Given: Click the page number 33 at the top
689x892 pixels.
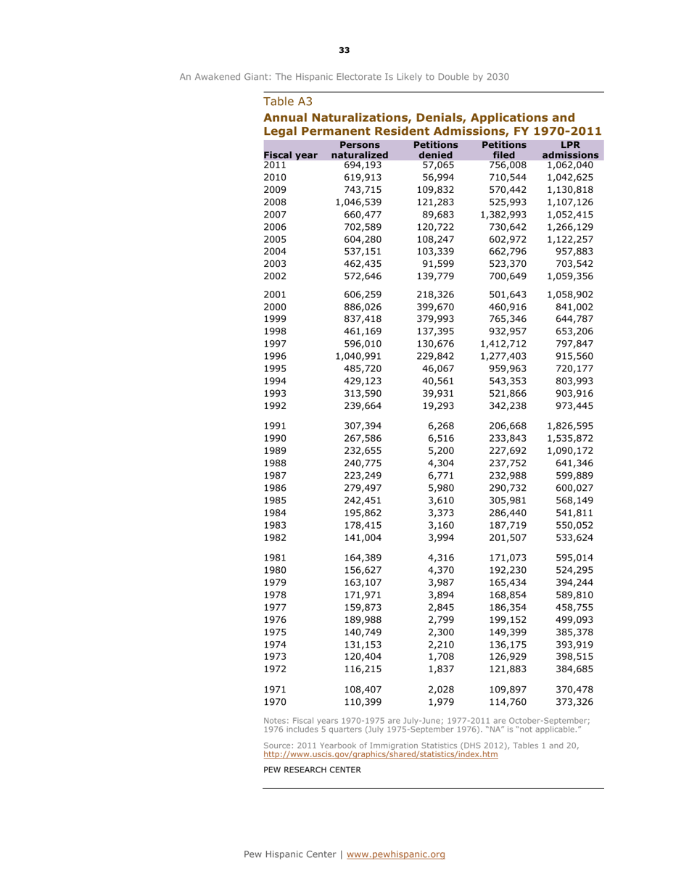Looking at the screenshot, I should [344, 50].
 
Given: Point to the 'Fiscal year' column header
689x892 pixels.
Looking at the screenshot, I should [290, 155].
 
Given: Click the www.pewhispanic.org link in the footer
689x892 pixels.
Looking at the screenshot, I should [396, 855].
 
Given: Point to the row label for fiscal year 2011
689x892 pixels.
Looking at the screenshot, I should [274, 165].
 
